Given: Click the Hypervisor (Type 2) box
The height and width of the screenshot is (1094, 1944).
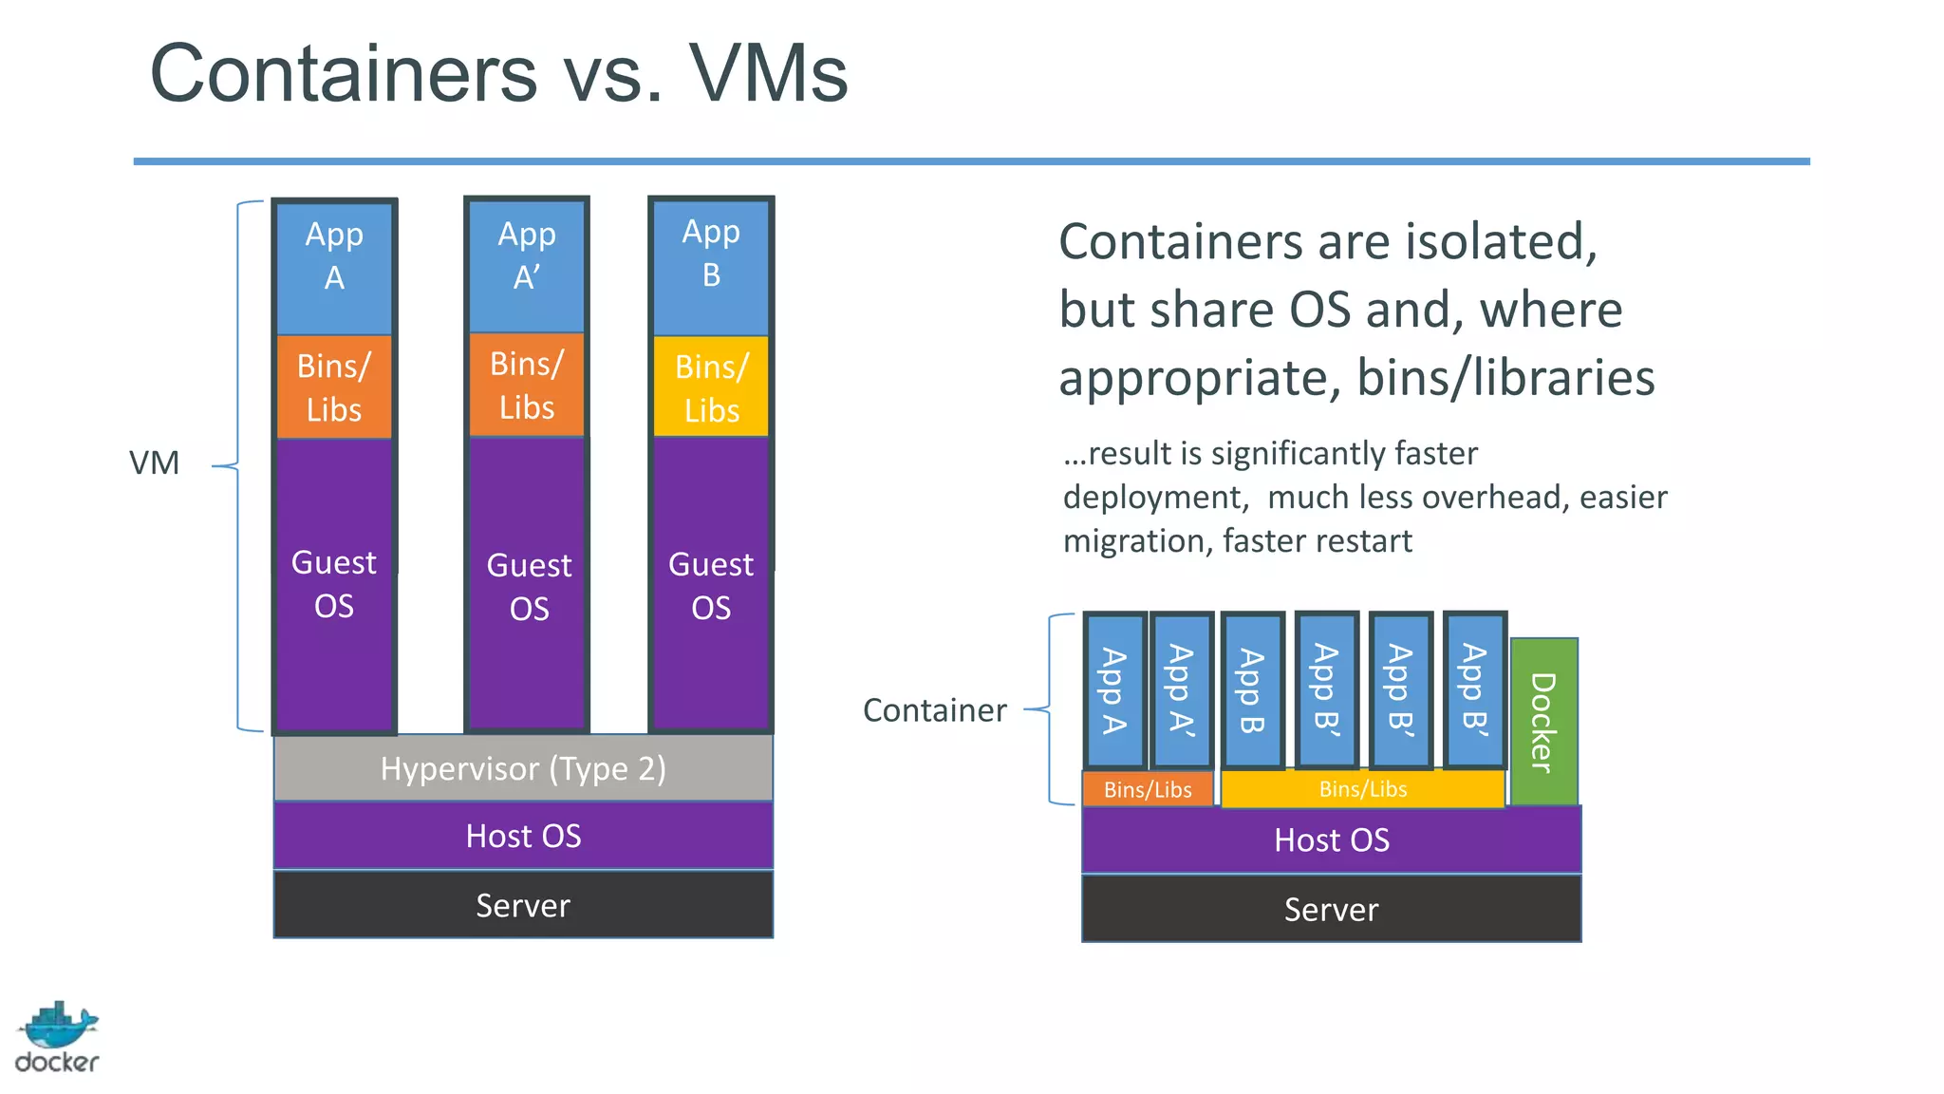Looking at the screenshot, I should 523,768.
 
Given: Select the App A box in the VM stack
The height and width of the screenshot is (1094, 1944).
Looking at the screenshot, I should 334,267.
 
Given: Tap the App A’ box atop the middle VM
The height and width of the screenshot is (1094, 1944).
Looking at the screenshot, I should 527,265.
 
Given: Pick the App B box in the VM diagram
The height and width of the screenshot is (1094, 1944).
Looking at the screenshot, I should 711,265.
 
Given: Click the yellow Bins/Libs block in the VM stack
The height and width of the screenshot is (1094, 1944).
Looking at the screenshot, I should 711,387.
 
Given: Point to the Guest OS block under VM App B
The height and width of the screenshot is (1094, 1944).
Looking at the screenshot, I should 711,585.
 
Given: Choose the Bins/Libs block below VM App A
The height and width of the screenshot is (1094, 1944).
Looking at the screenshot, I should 334,387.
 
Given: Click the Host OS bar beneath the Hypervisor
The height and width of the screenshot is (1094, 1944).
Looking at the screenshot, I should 523,836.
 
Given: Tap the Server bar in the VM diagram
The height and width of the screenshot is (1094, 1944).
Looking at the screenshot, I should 523,905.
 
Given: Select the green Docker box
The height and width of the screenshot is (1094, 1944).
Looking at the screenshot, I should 1543,722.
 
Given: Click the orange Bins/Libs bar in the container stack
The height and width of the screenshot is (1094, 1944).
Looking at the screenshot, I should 1148,789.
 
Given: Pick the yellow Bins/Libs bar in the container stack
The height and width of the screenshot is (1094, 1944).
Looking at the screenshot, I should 1362,789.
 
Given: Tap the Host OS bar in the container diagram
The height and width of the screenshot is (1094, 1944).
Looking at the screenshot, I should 1331,839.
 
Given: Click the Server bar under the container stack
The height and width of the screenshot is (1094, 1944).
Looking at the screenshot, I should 1331,909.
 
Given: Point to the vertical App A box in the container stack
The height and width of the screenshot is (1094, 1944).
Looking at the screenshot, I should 1114,690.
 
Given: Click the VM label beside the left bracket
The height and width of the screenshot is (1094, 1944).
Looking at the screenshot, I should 154,463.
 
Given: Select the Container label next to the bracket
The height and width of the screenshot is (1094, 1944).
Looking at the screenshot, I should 934,710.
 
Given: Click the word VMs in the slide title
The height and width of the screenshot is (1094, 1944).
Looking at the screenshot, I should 768,74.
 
